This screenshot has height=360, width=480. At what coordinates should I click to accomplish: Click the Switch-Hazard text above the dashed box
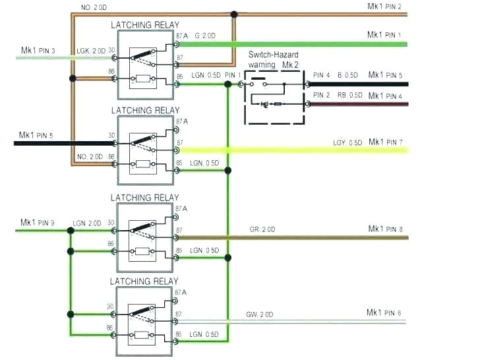coord(275,57)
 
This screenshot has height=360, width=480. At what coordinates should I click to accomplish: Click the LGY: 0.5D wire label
coord(347,143)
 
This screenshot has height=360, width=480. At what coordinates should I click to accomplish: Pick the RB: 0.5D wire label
coord(350,96)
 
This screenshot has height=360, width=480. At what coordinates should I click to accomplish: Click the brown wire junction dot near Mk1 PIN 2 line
coord(233,14)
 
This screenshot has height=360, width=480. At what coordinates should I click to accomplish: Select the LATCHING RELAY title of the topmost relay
coord(145,25)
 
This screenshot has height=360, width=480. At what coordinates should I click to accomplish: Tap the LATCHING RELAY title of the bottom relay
coord(145,281)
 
